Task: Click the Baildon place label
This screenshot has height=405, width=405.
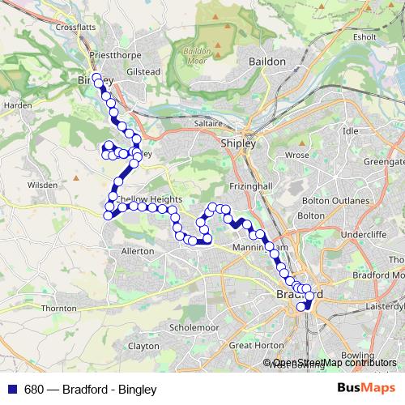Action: pos(267,61)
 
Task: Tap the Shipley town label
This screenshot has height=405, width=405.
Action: pos(238,143)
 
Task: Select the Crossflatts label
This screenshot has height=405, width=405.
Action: pos(77,26)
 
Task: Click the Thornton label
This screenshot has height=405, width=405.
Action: pos(58,309)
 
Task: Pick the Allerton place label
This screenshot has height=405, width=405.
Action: pos(137,251)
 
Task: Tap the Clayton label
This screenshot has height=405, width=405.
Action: pos(143,345)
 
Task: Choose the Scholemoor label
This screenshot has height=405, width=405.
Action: pos(194,327)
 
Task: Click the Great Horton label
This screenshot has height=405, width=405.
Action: pos(256,345)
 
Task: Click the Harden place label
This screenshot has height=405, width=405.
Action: pos(17,105)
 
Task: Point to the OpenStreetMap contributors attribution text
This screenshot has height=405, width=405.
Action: pos(334,363)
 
